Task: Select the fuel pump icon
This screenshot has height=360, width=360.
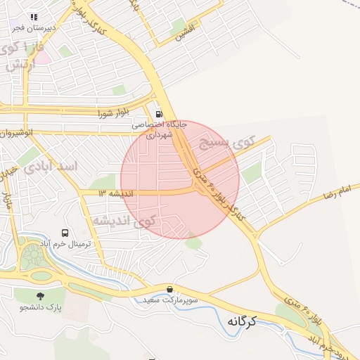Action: point(159,114)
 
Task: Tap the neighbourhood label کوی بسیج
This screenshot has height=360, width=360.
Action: point(225,145)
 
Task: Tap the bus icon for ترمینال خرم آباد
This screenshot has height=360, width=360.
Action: point(65,233)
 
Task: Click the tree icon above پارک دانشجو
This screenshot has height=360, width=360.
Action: point(39,296)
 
